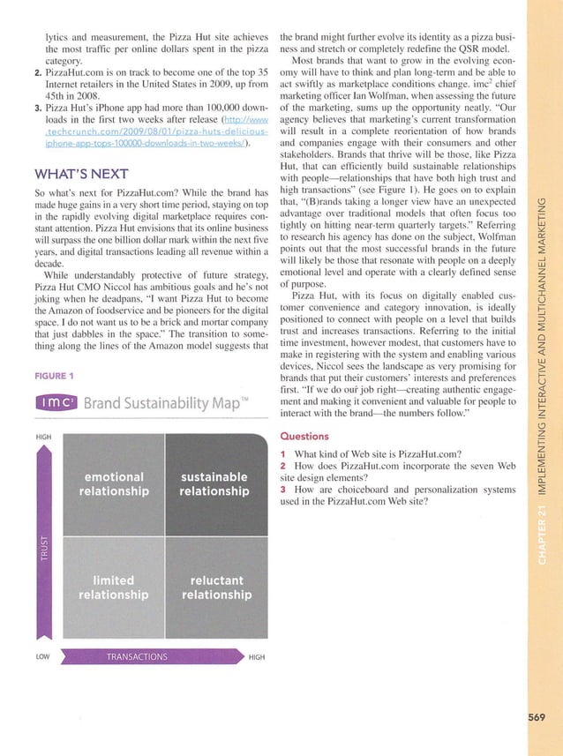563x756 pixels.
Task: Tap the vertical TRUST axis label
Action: pos(39,548)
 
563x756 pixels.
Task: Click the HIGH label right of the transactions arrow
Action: pos(258,656)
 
